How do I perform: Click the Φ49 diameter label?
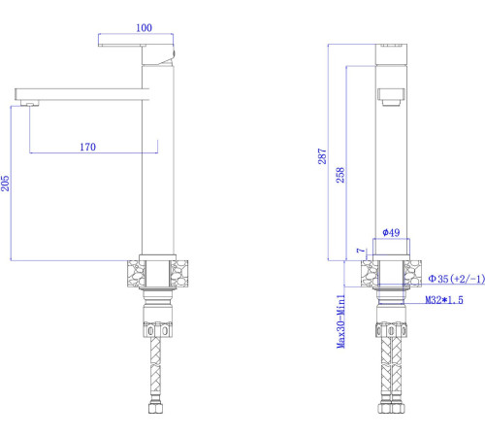pos(390,233)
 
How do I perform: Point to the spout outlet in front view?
pos(389,97)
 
